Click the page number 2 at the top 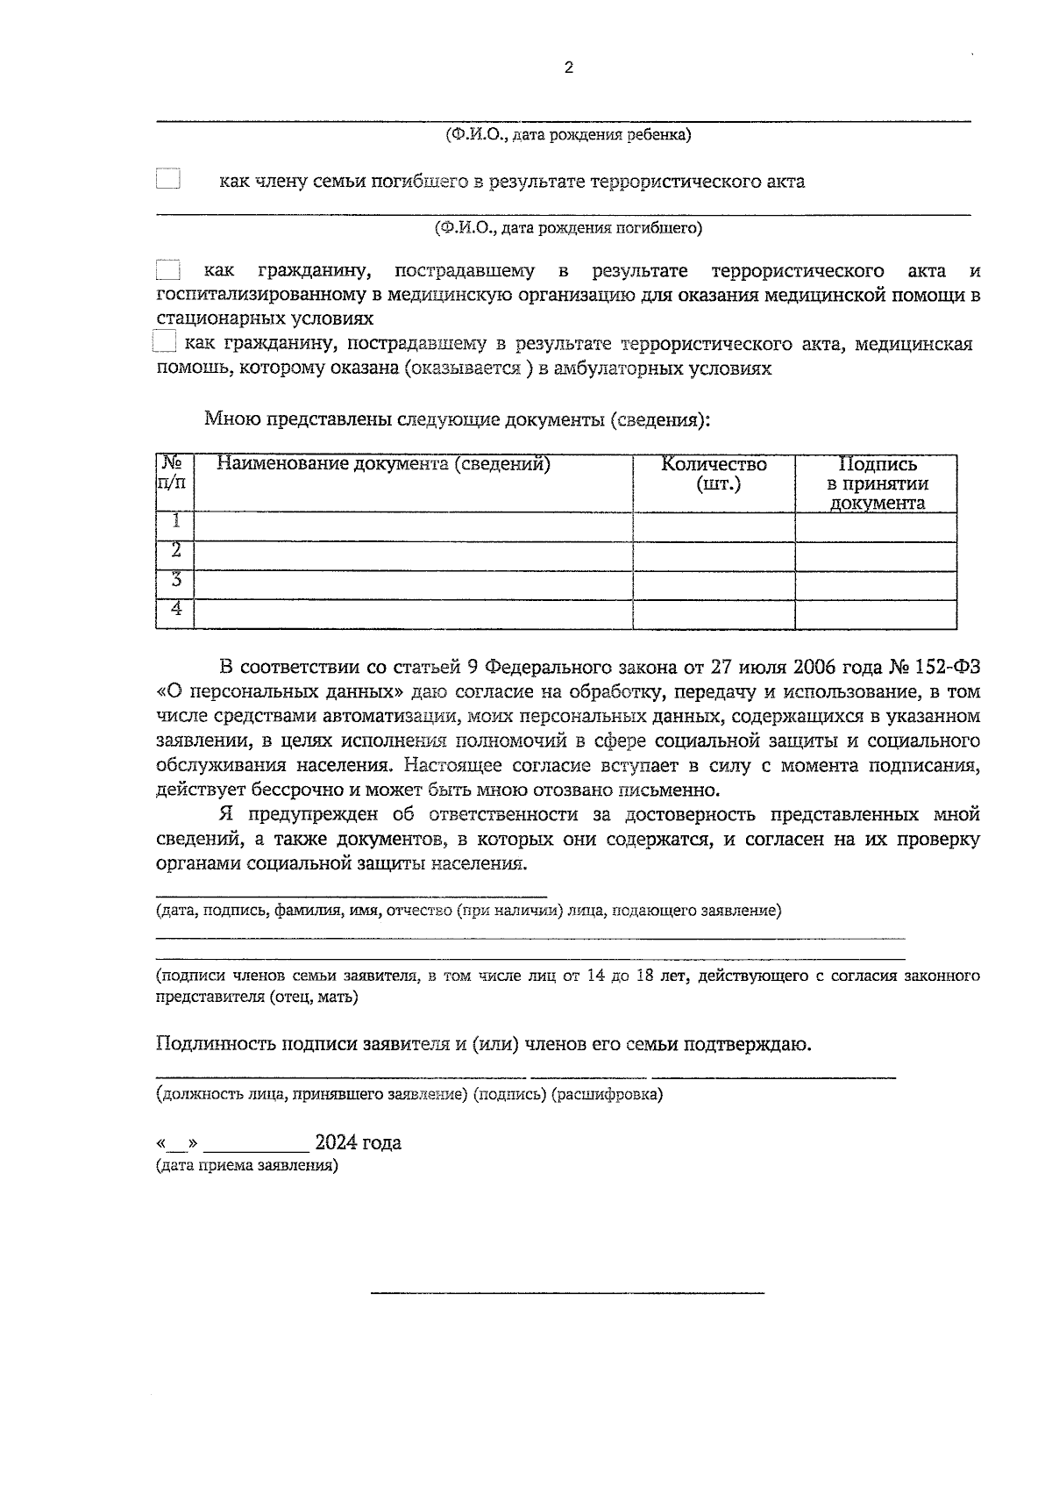pyautogui.click(x=569, y=68)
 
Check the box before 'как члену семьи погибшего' pyautogui.click(x=167, y=180)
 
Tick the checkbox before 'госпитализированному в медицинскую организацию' pyautogui.click(x=167, y=271)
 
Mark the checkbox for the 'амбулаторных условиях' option pyautogui.click(x=164, y=341)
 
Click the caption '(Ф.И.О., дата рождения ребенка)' pyautogui.click(x=568, y=135)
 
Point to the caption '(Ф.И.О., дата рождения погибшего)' pyautogui.click(x=568, y=228)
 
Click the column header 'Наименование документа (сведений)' pyautogui.click(x=383, y=464)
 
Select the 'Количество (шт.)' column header pyautogui.click(x=714, y=474)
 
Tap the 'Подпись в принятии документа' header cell pyautogui.click(x=877, y=483)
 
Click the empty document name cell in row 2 pyautogui.click(x=412, y=556)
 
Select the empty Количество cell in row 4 pyautogui.click(x=714, y=614)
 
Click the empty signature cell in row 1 pyautogui.click(x=876, y=527)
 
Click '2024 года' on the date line pyautogui.click(x=358, y=1143)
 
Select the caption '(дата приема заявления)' pyautogui.click(x=246, y=1166)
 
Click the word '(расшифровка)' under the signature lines pyautogui.click(x=607, y=1094)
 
